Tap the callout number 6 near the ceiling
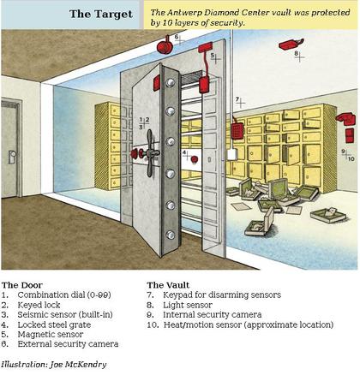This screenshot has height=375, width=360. point(177,38)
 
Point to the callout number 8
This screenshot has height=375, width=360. point(296,53)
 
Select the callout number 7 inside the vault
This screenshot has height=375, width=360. point(237,99)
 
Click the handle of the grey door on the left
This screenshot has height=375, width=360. point(12,156)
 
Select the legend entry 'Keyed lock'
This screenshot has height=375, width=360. point(44,303)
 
